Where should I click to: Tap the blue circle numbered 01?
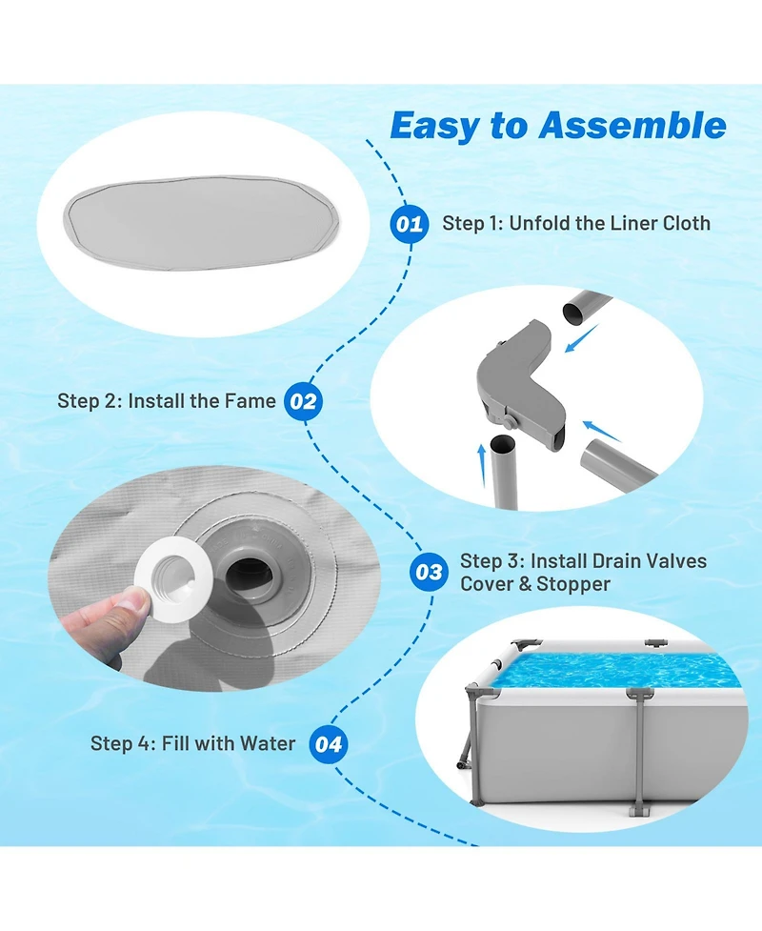coord(410,224)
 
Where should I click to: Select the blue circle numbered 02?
coord(303,401)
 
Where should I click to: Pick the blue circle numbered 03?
coord(429,573)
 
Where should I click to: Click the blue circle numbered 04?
coord(329,744)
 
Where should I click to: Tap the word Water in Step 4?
coord(267,743)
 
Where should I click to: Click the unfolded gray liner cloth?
coord(202,223)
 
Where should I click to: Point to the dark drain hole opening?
coord(250,572)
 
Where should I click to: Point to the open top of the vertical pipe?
coord(503,442)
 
